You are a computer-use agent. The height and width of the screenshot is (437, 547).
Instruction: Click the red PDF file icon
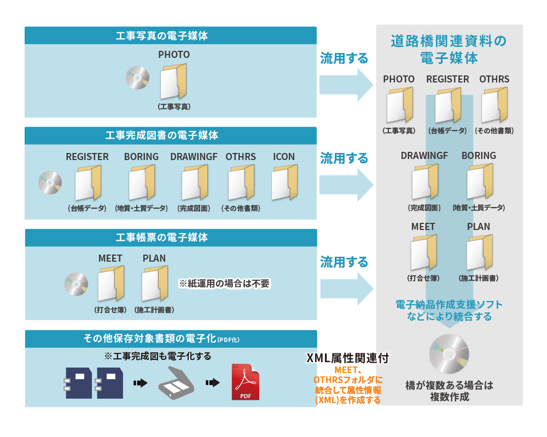pyautogui.click(x=246, y=382)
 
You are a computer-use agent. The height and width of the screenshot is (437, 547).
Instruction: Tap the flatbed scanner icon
pyautogui.click(x=176, y=383)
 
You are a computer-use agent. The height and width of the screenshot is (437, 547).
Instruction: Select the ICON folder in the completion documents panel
pyautogui.click(x=284, y=182)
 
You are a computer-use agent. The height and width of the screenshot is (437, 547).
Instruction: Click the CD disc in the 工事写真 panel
pyautogui.click(x=137, y=78)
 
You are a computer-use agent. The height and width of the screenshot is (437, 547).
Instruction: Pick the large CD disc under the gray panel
pyautogui.click(x=449, y=354)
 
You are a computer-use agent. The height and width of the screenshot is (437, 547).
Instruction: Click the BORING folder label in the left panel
pyautogui.click(x=141, y=157)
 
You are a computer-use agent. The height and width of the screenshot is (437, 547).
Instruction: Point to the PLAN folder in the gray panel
pyautogui.click(x=480, y=253)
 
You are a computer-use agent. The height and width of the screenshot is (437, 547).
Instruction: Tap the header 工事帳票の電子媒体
pyautogui.click(x=162, y=238)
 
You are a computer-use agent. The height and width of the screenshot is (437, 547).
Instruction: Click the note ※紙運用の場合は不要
pyautogui.click(x=224, y=284)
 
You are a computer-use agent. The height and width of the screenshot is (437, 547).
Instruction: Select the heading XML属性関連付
pyautogui.click(x=347, y=358)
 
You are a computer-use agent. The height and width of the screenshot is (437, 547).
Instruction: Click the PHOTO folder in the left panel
pyautogui.click(x=173, y=81)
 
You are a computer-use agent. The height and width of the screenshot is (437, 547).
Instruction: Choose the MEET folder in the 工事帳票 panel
pyautogui.click(x=111, y=284)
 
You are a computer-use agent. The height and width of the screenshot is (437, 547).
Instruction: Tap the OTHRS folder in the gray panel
pyautogui.click(x=494, y=105)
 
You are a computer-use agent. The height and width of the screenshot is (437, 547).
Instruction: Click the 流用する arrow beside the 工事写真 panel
pyautogui.click(x=346, y=85)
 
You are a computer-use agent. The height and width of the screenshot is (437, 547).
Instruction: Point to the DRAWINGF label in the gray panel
pyautogui.click(x=424, y=156)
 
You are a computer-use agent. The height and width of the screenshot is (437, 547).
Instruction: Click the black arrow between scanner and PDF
pyautogui.click(x=212, y=383)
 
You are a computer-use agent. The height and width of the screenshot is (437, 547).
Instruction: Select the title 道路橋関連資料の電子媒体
pyautogui.click(x=449, y=50)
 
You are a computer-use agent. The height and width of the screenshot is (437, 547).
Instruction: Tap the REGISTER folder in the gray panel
pyautogui.click(x=448, y=105)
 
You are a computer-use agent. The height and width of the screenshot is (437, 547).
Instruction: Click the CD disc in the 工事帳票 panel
pyautogui.click(x=77, y=284)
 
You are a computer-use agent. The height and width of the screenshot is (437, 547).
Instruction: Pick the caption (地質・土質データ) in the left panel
pyautogui.click(x=141, y=208)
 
